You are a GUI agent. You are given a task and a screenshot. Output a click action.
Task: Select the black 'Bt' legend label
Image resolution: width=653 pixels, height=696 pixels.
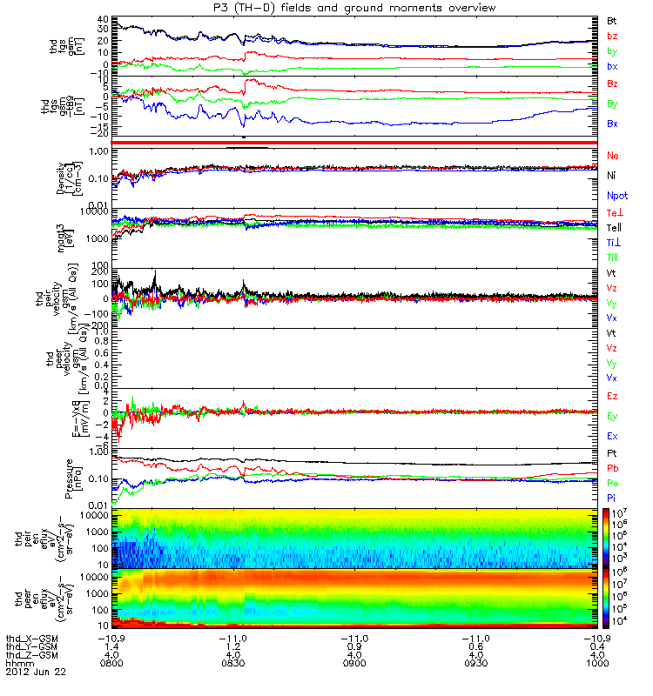click(613, 19)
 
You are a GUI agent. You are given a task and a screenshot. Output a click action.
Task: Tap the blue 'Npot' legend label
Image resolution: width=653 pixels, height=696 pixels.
click(616, 197)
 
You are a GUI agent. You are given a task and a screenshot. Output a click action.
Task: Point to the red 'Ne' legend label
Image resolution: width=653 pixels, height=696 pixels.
click(613, 155)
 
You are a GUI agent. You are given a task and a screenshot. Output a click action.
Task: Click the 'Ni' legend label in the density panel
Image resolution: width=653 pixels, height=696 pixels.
click(612, 176)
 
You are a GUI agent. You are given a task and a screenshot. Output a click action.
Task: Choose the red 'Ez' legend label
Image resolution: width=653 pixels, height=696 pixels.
click(613, 396)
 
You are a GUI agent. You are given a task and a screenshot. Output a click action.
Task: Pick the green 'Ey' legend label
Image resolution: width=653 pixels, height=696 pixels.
click(613, 416)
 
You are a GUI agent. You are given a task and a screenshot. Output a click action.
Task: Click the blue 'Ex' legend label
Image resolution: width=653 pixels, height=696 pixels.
click(613, 436)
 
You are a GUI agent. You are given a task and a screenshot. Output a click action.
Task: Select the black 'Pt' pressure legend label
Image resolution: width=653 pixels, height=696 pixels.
click(612, 454)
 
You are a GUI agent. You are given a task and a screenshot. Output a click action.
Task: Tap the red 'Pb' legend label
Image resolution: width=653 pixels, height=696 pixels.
click(613, 468)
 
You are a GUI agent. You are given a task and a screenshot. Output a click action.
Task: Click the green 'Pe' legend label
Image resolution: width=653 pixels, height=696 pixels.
click(613, 482)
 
